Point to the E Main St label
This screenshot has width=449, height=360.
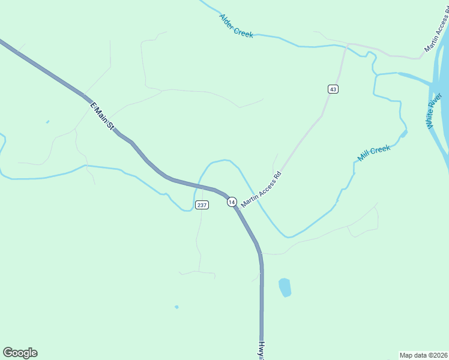click(102, 116)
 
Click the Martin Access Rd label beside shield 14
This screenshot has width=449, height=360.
click(261, 190)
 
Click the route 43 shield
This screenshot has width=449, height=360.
click(333, 89)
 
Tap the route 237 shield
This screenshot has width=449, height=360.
click(202, 205)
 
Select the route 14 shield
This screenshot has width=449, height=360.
click(232, 202)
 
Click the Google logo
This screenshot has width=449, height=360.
click(20, 353)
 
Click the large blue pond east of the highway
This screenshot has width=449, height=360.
click(285, 287)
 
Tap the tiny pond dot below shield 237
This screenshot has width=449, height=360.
click(176, 307)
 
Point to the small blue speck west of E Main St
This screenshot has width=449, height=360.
click(47, 122)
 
